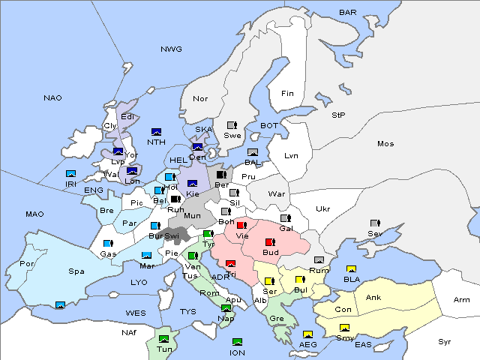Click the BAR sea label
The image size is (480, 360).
[347, 13]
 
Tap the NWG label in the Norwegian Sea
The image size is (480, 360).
[171, 49]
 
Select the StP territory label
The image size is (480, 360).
[339, 115]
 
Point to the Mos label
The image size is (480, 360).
[385, 143]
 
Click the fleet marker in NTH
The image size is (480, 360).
[157, 132]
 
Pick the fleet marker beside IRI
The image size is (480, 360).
[71, 174]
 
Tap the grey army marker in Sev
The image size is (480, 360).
[374, 223]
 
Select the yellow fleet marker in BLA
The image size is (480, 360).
[350, 269]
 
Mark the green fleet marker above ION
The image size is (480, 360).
[238, 342]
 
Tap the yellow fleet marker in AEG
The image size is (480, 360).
[307, 334]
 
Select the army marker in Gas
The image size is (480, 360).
[108, 244]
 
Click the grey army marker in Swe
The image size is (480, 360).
[232, 125]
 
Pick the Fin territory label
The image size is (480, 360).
[287, 94]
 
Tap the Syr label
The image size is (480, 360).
[445, 341]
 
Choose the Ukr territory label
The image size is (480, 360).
[322, 209]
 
